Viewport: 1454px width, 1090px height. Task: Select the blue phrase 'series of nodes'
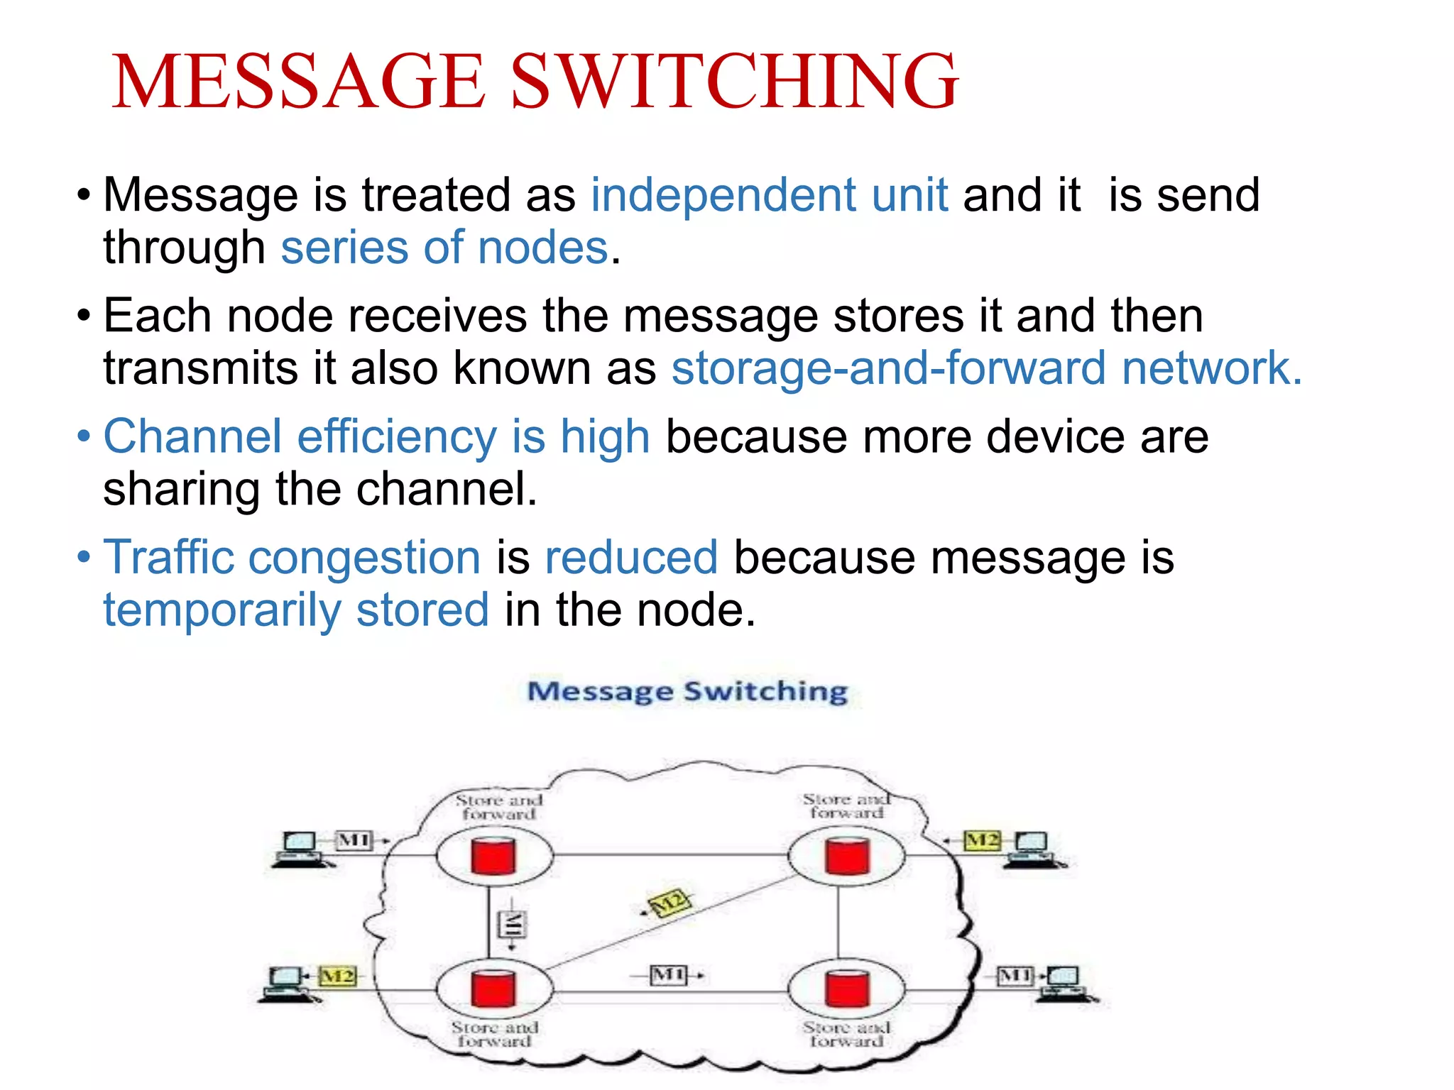pos(444,248)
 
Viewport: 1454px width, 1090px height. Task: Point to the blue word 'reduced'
pos(631,557)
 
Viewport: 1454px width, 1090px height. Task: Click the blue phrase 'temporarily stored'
pos(296,610)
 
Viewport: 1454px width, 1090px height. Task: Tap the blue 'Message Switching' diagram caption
pos(687,691)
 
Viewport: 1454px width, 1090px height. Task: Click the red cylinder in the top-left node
pos(493,856)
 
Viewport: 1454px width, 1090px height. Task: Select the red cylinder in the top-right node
pos(847,856)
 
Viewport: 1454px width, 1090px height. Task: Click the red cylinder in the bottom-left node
pos(493,988)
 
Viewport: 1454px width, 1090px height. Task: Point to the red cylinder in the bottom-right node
pos(847,988)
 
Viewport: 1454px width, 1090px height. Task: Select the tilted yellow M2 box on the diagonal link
pos(669,903)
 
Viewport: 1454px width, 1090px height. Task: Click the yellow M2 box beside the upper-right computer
pos(982,841)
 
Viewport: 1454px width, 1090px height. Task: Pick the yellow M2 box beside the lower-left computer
pos(338,976)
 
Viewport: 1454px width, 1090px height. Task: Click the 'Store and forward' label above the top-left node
pos(499,807)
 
